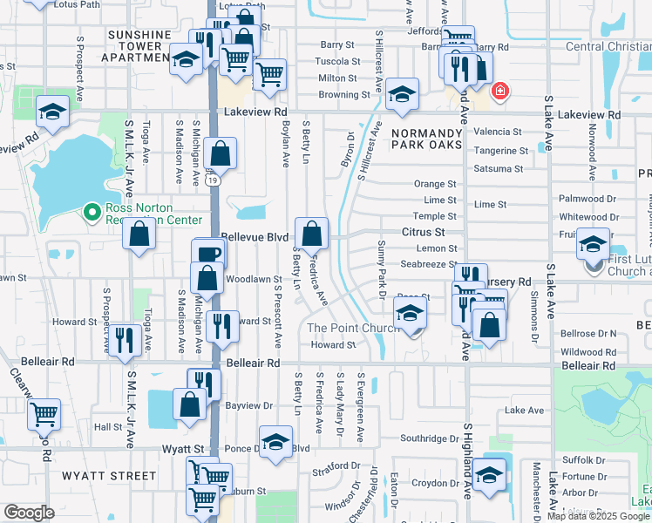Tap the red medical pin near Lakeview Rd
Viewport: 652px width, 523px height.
[x=499, y=91]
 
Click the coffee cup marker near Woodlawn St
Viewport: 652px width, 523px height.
[x=209, y=254]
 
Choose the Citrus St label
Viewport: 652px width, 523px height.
[x=424, y=233]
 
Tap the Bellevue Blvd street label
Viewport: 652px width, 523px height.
[x=254, y=237]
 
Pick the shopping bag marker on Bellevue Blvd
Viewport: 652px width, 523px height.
[x=311, y=234]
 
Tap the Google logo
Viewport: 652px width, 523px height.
[x=29, y=513]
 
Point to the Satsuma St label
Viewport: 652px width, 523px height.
[x=498, y=169]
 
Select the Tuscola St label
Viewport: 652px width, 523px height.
[x=337, y=62]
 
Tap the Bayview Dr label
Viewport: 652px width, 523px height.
[x=249, y=406]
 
